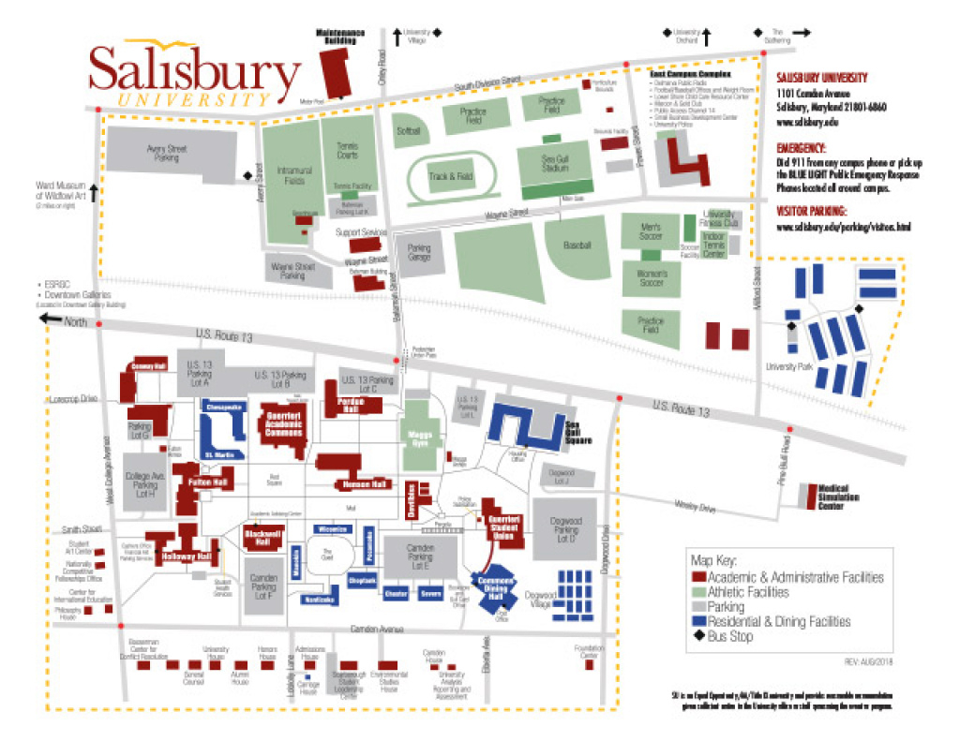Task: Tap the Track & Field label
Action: (452, 176)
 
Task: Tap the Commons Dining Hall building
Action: (497, 591)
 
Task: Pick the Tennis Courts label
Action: (346, 149)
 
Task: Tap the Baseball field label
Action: (578, 245)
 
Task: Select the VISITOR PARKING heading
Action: (813, 211)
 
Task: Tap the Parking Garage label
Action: (418, 252)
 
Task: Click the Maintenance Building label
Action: (338, 37)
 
